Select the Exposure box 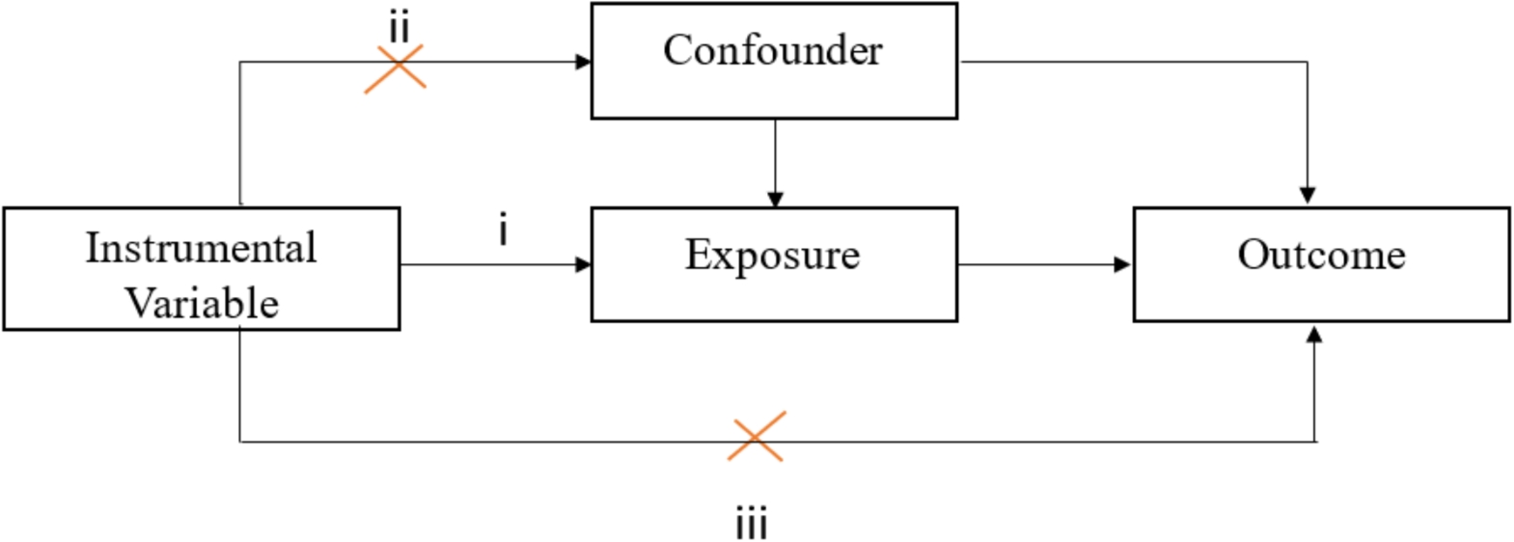pos(774,289)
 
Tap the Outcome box pos(1321,289)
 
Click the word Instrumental pos(201,248)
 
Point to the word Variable pos(202,304)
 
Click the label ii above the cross pos(399,28)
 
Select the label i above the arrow pos(503,231)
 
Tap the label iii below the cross pos(752,525)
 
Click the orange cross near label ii pos(395,69)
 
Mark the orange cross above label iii pos(757,437)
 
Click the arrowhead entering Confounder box pos(583,62)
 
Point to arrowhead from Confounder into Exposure pos(775,199)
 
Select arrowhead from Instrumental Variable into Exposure pos(583,264)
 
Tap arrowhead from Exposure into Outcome pos(1122,264)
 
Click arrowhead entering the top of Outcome pos(1308,196)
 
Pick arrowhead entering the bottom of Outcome pos(1313,335)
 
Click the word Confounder pos(773,50)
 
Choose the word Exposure pos(773,255)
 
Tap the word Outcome pos(1321,255)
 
